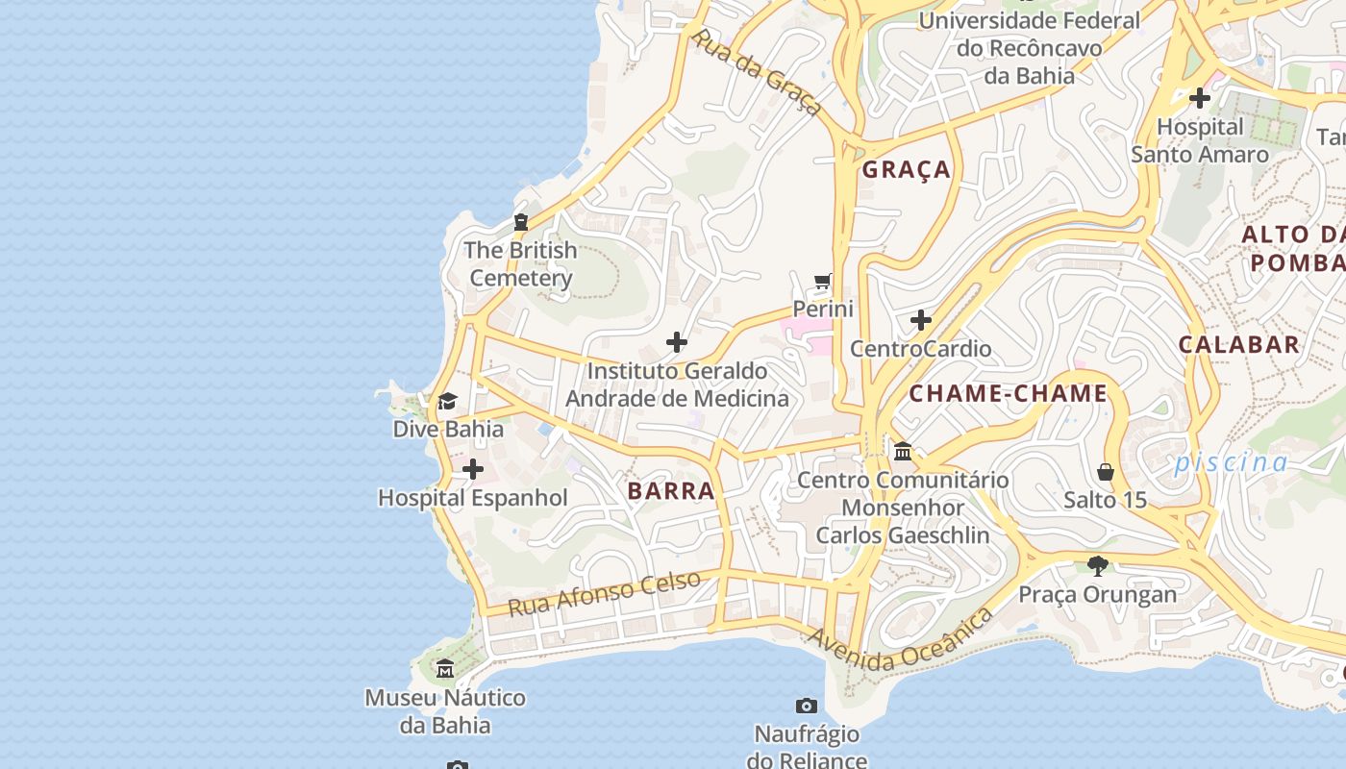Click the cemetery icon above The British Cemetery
pos(521,222)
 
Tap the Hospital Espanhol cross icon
pos(473,469)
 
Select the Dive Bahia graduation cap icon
pos(447,401)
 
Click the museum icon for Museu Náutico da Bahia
pos(445,668)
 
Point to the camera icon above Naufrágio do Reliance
pos(807,707)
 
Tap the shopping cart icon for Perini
pos(822,281)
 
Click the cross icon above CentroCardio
pos(921,319)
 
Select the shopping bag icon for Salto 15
pos(1106,472)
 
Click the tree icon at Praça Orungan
pos(1097,565)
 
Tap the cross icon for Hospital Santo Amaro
pos(1199,98)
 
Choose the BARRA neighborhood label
pos(671,491)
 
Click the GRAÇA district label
pos(907,170)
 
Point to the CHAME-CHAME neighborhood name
pos(1009,393)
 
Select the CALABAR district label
pos(1239,344)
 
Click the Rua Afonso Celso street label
pos(604,594)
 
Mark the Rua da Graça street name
pos(757,72)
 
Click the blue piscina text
pos(1231,462)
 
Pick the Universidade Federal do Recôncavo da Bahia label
pos(1029,47)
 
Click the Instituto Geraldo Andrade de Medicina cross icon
pos(677,342)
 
